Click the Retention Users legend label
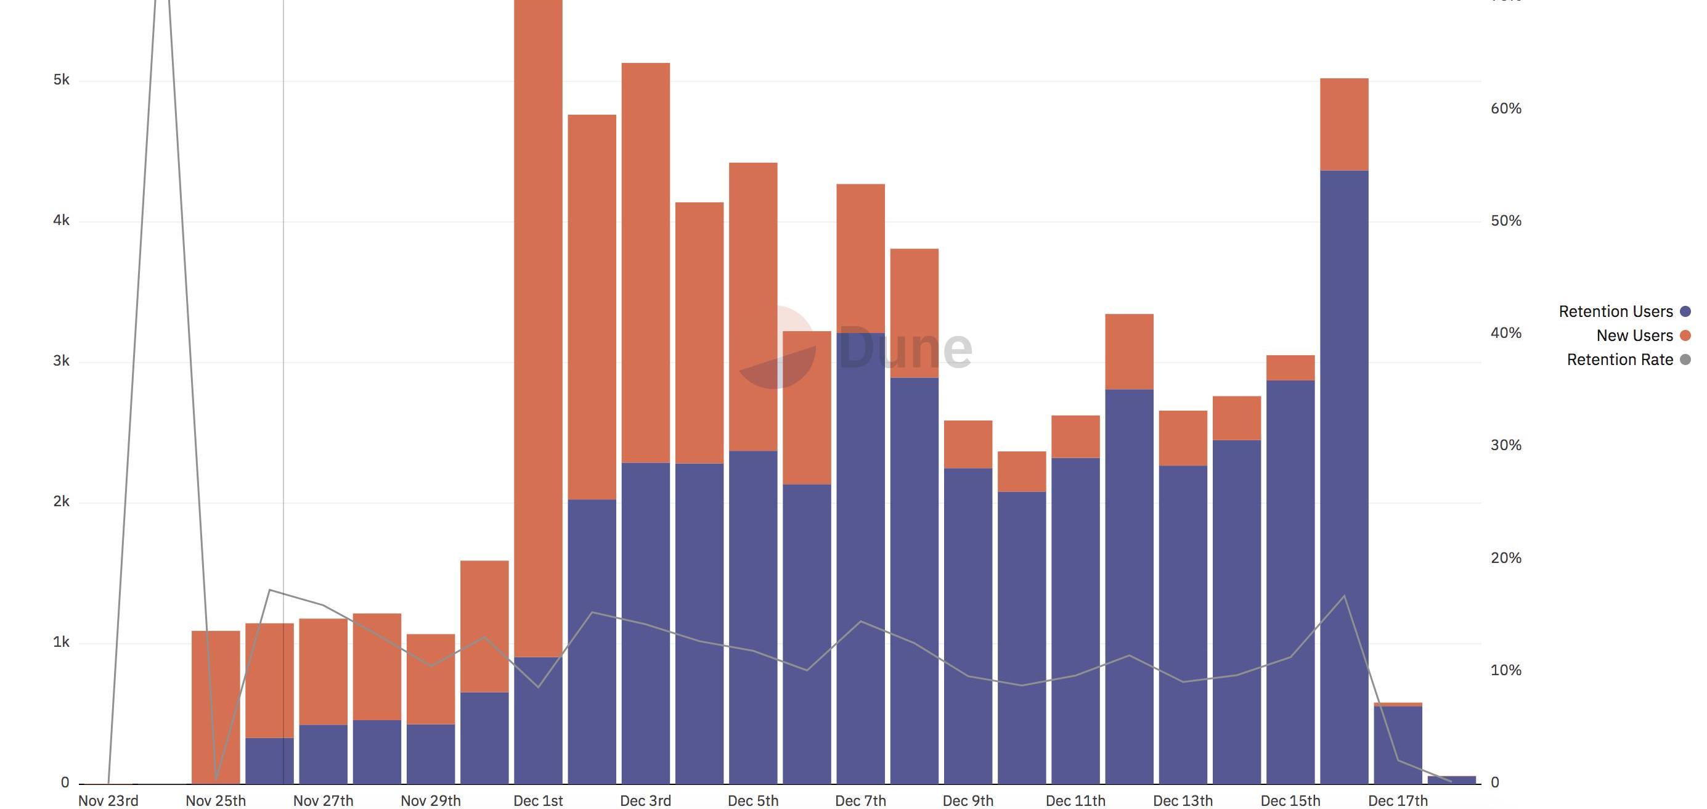coord(1615,311)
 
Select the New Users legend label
coord(1634,335)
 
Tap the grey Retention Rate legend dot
coord(1686,359)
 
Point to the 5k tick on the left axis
coord(61,80)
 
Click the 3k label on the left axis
coord(61,361)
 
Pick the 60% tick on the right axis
coord(1505,109)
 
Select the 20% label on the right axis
coord(1505,558)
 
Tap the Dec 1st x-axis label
coord(538,801)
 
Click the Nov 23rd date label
coord(108,801)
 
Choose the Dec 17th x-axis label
coord(1398,801)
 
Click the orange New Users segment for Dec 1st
coord(538,332)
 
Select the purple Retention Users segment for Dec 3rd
coord(645,623)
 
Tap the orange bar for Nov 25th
coord(215,707)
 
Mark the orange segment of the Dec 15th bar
coord(1290,368)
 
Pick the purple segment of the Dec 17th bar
coord(1398,745)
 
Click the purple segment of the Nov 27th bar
coord(324,754)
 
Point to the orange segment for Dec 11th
coord(1075,437)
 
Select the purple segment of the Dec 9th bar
coord(968,626)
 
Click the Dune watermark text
coord(905,348)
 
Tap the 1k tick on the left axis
coord(61,642)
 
